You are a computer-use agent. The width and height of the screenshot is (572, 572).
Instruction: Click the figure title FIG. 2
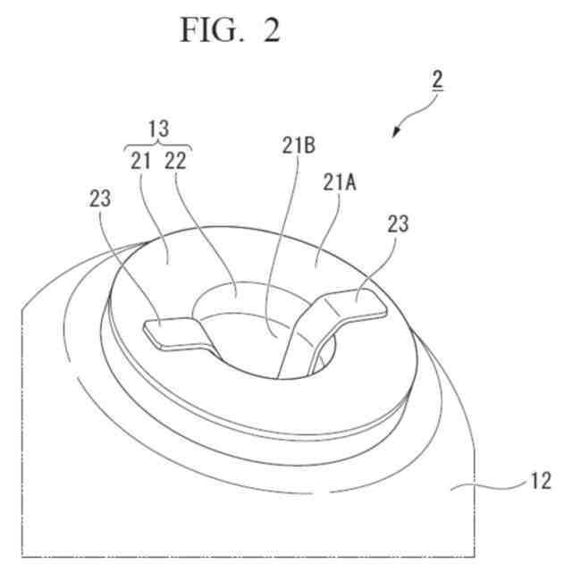[230, 31]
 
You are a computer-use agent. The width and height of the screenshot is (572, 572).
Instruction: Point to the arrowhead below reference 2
[397, 133]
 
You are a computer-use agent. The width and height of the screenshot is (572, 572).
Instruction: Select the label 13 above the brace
[159, 128]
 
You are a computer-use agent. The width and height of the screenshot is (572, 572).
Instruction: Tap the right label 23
[398, 223]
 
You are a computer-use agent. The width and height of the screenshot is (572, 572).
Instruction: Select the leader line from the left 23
[130, 268]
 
